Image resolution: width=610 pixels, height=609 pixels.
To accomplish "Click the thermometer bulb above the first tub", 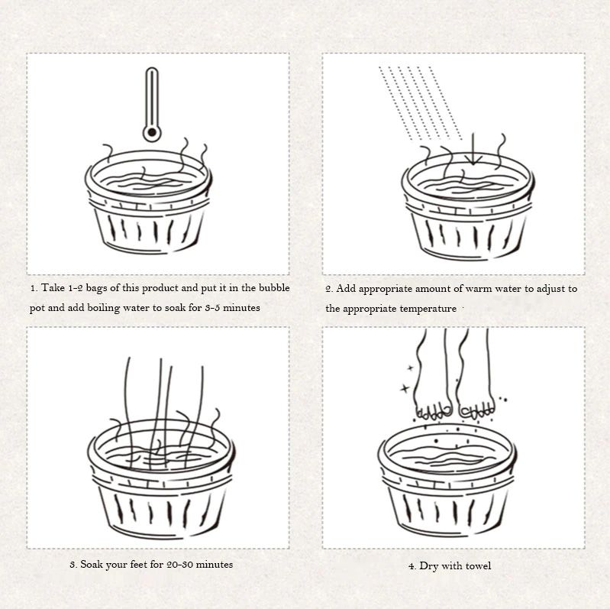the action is coord(152,132).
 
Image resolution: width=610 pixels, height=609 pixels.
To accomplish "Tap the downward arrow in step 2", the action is coord(473,149).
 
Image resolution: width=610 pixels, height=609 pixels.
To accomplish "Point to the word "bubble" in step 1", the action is coord(274,288).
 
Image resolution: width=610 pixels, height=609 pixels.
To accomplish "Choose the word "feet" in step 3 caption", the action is coord(138,564).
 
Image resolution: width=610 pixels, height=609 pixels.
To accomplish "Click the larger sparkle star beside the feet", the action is coord(405,388).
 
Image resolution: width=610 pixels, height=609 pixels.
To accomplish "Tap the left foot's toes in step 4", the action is coord(434,413).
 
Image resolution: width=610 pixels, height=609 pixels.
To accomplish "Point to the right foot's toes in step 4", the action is coord(477,412).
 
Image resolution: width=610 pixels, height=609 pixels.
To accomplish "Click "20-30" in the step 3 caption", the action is coord(179,564).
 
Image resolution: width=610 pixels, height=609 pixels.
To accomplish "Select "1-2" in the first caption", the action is coord(76,288).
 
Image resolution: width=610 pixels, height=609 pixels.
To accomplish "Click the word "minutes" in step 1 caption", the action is coord(241,308).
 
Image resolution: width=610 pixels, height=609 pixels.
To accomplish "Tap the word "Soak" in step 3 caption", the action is coord(92,564).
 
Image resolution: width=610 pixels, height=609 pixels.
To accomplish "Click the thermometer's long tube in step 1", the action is coord(152,96).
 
